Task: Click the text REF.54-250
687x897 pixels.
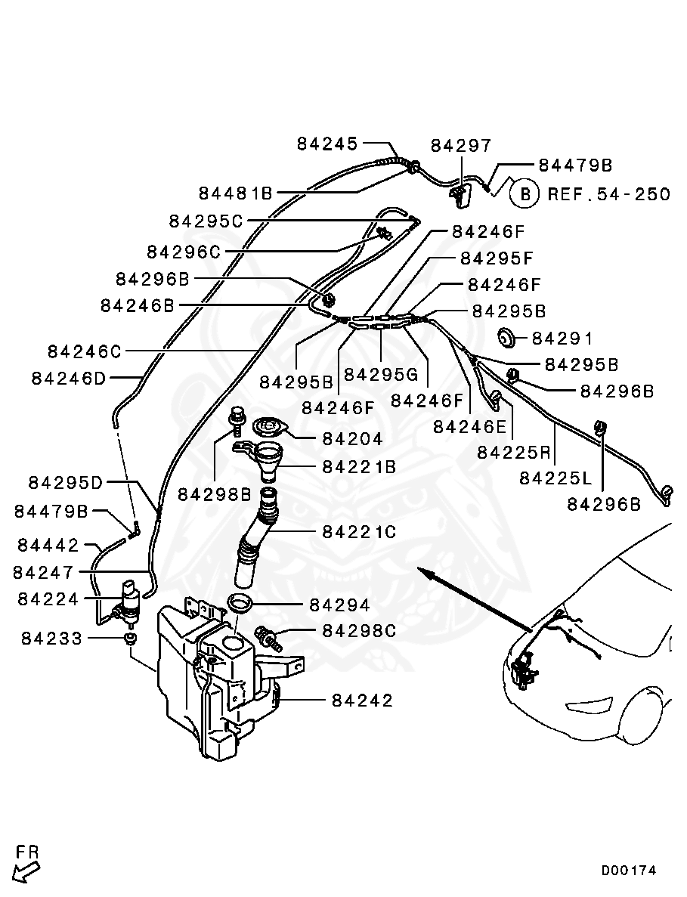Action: tap(608, 194)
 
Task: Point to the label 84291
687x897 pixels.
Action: tap(563, 339)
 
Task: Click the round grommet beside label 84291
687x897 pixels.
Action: tap(507, 338)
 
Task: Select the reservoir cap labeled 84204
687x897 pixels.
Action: tap(268, 428)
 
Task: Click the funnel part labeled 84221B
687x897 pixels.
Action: tap(268, 462)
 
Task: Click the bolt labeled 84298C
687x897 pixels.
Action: tap(269, 636)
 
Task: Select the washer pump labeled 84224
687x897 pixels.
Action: tap(131, 602)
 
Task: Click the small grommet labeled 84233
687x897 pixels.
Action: tap(131, 640)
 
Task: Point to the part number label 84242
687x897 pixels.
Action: tap(362, 701)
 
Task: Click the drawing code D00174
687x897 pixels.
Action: tap(629, 871)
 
